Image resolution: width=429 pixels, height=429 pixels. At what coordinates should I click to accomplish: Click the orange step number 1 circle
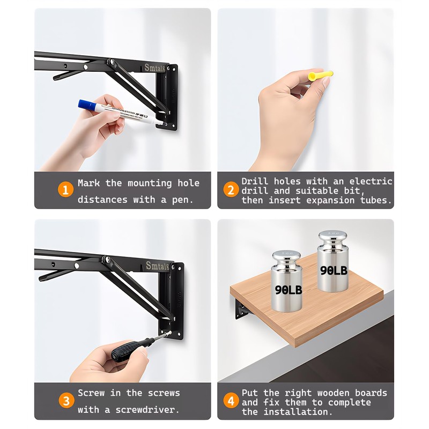click(65, 190)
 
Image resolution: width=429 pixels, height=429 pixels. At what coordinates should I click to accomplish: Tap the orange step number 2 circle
click(231, 190)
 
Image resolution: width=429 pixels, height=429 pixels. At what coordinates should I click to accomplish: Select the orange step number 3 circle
click(65, 401)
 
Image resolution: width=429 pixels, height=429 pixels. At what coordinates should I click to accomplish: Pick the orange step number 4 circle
click(231, 401)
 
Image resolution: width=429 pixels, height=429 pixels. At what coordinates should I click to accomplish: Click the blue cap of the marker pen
click(86, 105)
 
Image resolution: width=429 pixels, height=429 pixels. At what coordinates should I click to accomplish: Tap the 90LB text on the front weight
click(288, 290)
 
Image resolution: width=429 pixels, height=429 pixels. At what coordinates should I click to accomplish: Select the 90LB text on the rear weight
click(334, 271)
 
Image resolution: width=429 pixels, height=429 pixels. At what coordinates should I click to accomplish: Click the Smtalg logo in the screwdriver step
click(157, 265)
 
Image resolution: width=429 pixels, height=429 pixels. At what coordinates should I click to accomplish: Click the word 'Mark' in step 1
click(88, 183)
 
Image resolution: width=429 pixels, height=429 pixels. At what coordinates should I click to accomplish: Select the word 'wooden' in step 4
click(336, 393)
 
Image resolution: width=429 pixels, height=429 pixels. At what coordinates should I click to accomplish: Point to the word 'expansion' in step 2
click(334, 201)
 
